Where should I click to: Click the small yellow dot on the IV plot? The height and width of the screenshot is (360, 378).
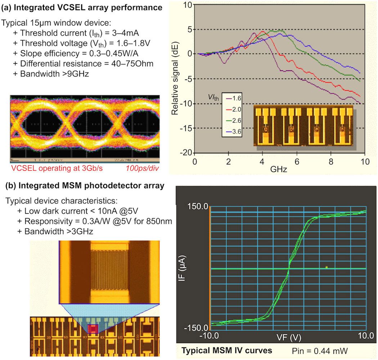point(327,267)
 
